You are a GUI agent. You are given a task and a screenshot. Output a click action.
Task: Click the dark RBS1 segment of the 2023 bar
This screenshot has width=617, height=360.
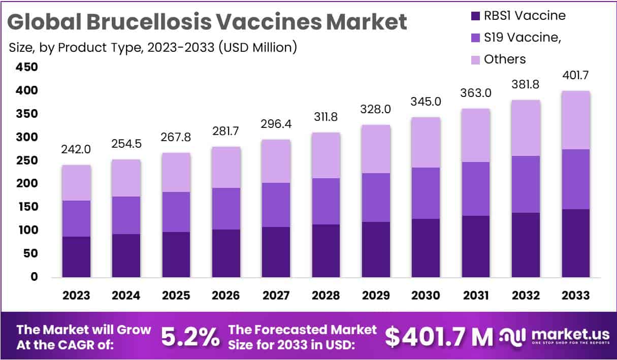[76, 256]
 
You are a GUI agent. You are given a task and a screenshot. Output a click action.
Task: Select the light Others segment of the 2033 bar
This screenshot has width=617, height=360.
[575, 120]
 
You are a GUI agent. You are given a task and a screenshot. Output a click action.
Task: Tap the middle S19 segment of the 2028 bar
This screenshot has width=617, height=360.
[326, 201]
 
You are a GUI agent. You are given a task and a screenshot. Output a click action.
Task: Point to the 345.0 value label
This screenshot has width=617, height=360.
[426, 102]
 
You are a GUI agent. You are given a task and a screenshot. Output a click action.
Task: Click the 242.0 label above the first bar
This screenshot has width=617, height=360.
[76, 149]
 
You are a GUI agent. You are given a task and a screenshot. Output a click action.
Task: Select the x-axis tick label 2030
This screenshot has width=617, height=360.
[426, 296]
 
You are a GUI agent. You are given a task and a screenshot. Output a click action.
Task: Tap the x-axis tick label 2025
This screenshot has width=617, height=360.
[176, 296]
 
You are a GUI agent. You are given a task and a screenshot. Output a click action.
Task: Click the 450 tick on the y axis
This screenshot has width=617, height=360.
[26, 67]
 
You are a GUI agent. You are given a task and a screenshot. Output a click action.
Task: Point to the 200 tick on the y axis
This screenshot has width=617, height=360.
[26, 183]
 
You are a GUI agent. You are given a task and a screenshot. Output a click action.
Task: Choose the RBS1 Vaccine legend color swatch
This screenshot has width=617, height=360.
[475, 16]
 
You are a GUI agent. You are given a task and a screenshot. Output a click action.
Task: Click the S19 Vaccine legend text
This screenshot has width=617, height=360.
[523, 38]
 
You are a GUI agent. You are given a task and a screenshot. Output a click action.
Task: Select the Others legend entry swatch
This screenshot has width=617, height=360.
[475, 59]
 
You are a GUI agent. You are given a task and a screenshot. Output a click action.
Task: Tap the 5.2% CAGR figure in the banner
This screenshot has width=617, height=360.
[190, 336]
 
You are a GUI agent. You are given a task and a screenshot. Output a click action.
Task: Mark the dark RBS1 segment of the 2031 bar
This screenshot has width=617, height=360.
[475, 246]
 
